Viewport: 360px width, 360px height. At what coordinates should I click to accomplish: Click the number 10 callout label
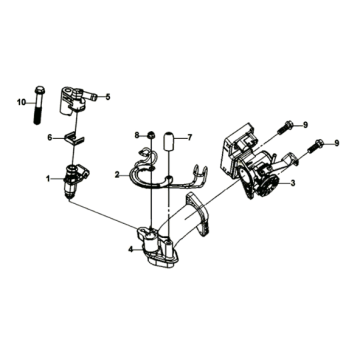click(18, 102)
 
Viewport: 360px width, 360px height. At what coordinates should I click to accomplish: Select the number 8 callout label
click(138, 133)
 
